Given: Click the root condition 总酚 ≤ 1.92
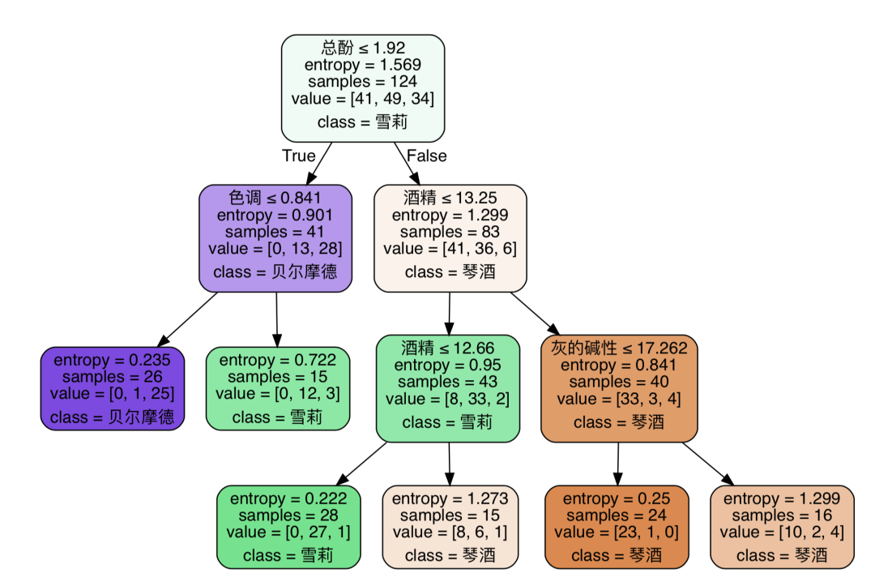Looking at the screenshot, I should click(x=362, y=48).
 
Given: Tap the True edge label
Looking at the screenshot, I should click(x=298, y=156).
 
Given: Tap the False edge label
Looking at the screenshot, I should click(x=426, y=156).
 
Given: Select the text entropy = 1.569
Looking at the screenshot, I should click(x=362, y=65).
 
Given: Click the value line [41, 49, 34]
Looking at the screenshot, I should click(x=362, y=99).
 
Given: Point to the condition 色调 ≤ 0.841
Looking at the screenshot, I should click(x=275, y=198).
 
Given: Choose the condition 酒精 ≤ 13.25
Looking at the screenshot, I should click(x=450, y=198).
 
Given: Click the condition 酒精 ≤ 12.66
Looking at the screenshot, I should click(x=447, y=348).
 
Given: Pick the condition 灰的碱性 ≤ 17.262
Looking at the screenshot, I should click(x=619, y=348).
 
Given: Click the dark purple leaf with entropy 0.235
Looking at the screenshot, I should click(x=113, y=388).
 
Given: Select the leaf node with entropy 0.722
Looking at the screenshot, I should click(x=277, y=388).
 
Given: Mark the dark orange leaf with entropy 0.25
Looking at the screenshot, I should click(x=616, y=527).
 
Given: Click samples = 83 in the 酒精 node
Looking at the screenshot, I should click(x=450, y=232).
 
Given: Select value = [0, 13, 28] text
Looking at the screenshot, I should click(x=275, y=249).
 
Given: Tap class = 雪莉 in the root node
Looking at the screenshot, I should click(x=362, y=122).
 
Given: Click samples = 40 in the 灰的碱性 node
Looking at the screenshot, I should click(x=619, y=382).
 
